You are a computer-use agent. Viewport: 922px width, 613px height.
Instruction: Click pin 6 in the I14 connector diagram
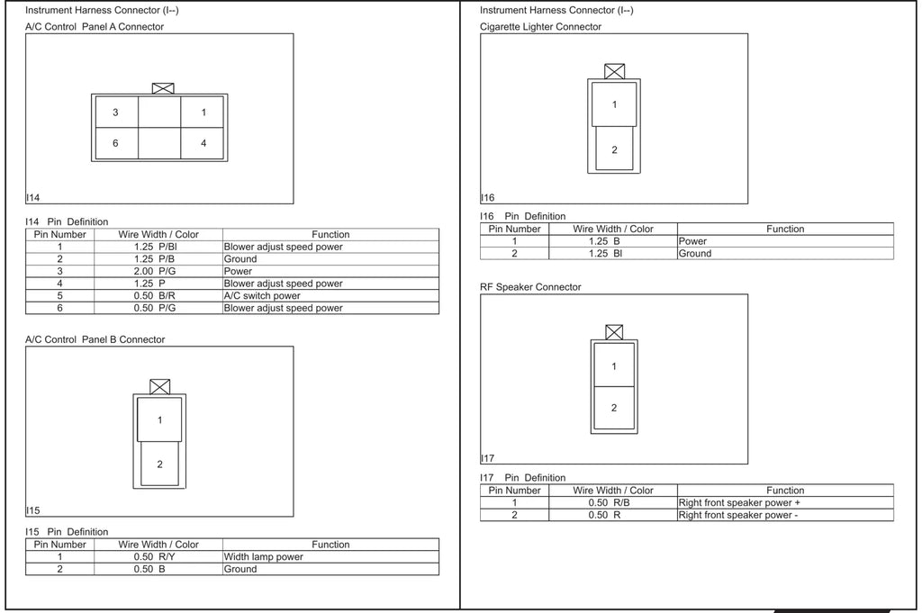[x=116, y=143]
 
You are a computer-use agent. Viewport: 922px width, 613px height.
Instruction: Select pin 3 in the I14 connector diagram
[x=116, y=113]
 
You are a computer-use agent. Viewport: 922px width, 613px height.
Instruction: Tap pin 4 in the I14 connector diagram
[x=203, y=143]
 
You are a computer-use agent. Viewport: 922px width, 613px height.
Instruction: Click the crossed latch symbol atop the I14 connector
[x=163, y=88]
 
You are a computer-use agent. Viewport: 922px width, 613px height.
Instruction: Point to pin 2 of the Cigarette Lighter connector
[x=614, y=149]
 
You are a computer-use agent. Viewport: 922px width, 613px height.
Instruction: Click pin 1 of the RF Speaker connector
[x=614, y=365]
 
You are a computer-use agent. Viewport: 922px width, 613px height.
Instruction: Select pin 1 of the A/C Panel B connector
[x=159, y=419]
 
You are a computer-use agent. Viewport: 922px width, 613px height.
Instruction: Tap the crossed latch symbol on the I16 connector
[x=614, y=71]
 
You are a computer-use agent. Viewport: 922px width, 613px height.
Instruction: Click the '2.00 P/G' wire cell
[x=155, y=271]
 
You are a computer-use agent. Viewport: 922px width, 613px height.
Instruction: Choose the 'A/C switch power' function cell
[x=262, y=295]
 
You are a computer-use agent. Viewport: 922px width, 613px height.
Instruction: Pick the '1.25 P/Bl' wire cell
[x=155, y=247]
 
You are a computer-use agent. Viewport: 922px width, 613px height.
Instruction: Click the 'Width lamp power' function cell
[x=264, y=556]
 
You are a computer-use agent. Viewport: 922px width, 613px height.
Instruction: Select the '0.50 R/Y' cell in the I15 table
[x=154, y=556]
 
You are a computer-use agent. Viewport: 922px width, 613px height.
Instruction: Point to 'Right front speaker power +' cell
[x=739, y=502]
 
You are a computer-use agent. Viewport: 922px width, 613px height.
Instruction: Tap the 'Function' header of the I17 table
[x=785, y=491]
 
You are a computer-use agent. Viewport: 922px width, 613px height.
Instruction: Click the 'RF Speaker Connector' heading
[x=530, y=287]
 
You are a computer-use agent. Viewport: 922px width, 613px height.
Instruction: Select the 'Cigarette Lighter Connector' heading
[x=540, y=26]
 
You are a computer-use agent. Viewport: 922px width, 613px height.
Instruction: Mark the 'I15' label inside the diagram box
[x=33, y=510]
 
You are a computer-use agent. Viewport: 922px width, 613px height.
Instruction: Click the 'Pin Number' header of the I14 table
[x=60, y=234]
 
